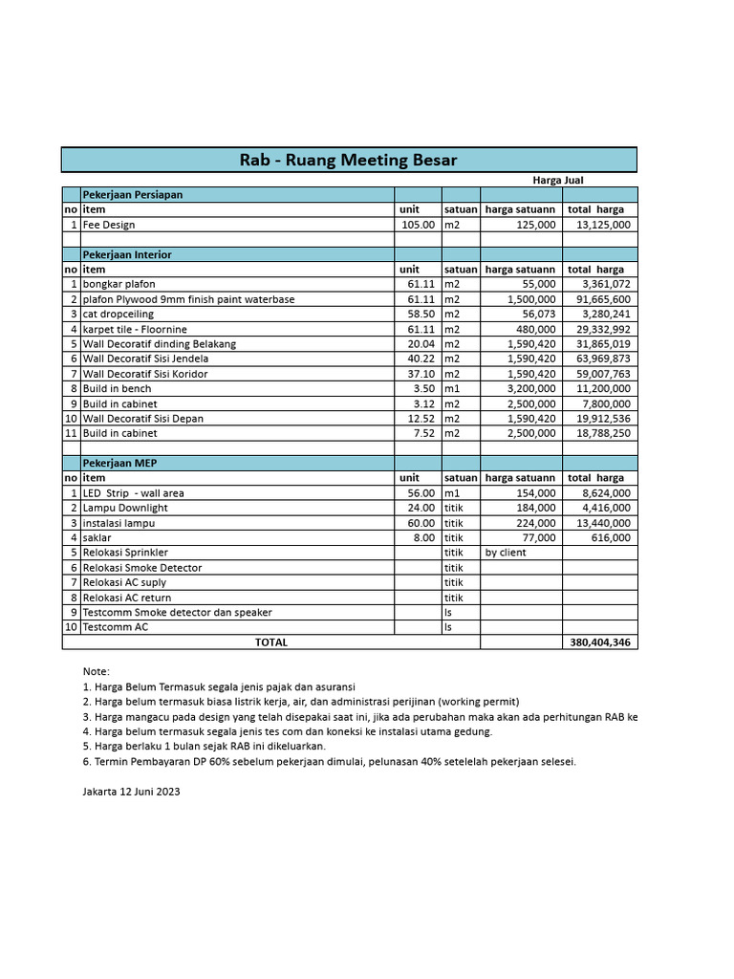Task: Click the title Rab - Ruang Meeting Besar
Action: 348,160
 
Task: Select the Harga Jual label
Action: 557,180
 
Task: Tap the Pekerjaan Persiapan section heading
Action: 132,194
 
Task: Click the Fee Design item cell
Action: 109,225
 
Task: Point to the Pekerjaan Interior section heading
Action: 127,254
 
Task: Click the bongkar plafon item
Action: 119,284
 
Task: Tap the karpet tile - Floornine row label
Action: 135,329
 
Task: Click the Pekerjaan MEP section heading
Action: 120,463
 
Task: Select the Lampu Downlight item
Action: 125,508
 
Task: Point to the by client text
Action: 506,553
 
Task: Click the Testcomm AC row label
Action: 116,627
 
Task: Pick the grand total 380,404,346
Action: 599,642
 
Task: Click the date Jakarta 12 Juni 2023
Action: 131,792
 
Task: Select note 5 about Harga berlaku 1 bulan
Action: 205,746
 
